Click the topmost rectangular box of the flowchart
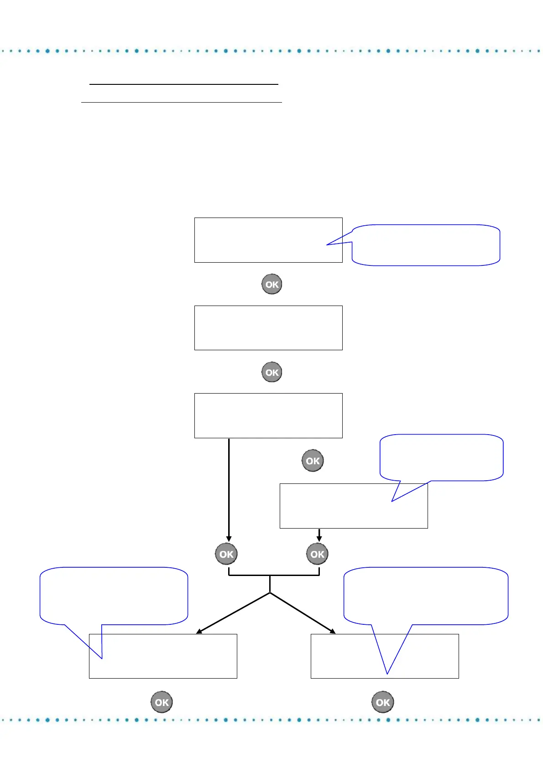click(268, 240)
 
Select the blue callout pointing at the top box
click(426, 245)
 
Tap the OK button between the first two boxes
click(271, 284)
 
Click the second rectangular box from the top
click(268, 327)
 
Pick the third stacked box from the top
click(268, 415)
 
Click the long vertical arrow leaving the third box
click(229, 488)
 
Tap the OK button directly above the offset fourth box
click(313, 461)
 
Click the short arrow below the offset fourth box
click(319, 535)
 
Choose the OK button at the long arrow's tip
click(226, 554)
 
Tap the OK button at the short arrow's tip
click(317, 554)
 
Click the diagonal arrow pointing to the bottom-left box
click(233, 613)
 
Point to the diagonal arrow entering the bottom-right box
click(303, 613)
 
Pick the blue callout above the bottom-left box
click(114, 595)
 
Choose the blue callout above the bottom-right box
click(426, 595)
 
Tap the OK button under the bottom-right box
click(383, 702)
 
